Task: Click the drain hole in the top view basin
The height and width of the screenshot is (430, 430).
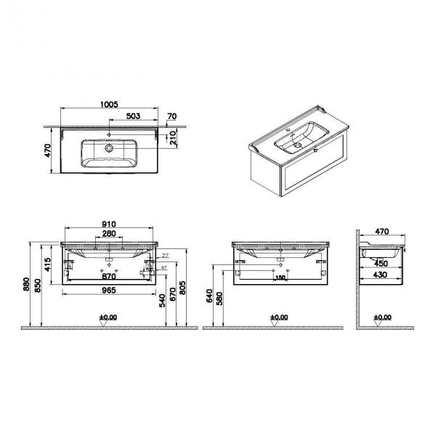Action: [110, 148]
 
